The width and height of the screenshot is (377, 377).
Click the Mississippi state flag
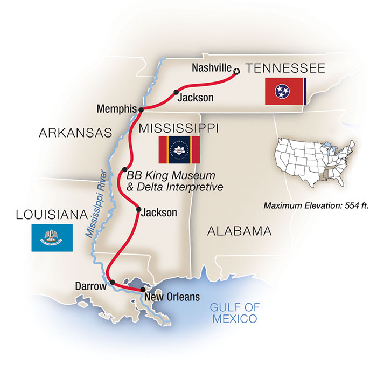pyautogui.click(x=178, y=149)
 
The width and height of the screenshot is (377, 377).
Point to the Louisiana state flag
pyautogui.click(x=53, y=237)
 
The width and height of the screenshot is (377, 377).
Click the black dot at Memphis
pyautogui.click(x=141, y=109)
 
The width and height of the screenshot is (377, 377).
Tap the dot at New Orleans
pyautogui.click(x=142, y=290)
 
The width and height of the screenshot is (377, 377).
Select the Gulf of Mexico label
pyautogui.click(x=234, y=313)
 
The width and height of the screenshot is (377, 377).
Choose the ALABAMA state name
pyautogui.click(x=239, y=231)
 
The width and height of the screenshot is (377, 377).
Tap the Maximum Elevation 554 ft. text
pyautogui.click(x=316, y=205)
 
